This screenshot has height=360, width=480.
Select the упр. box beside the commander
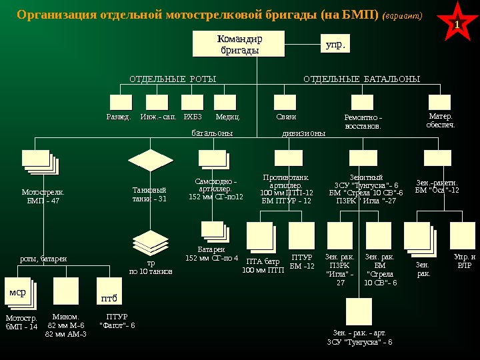coord(335,45)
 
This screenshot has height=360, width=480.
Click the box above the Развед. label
coord(121,102)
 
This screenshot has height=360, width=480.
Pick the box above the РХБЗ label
coord(192,102)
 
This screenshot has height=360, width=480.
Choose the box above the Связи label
coord(285,102)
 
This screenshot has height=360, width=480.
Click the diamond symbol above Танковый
coord(151,160)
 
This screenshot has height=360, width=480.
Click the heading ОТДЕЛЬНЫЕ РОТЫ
coord(173,79)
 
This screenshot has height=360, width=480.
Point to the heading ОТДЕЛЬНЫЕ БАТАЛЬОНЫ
coord(361,79)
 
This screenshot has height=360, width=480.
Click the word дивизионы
coord(303,133)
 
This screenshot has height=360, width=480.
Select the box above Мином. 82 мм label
coord(66,291)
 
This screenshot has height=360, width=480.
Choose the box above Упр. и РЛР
coord(462,235)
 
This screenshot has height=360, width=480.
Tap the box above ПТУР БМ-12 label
coord(301,235)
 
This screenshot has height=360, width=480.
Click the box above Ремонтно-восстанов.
coord(362,102)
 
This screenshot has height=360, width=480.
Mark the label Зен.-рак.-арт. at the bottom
coord(359,331)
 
